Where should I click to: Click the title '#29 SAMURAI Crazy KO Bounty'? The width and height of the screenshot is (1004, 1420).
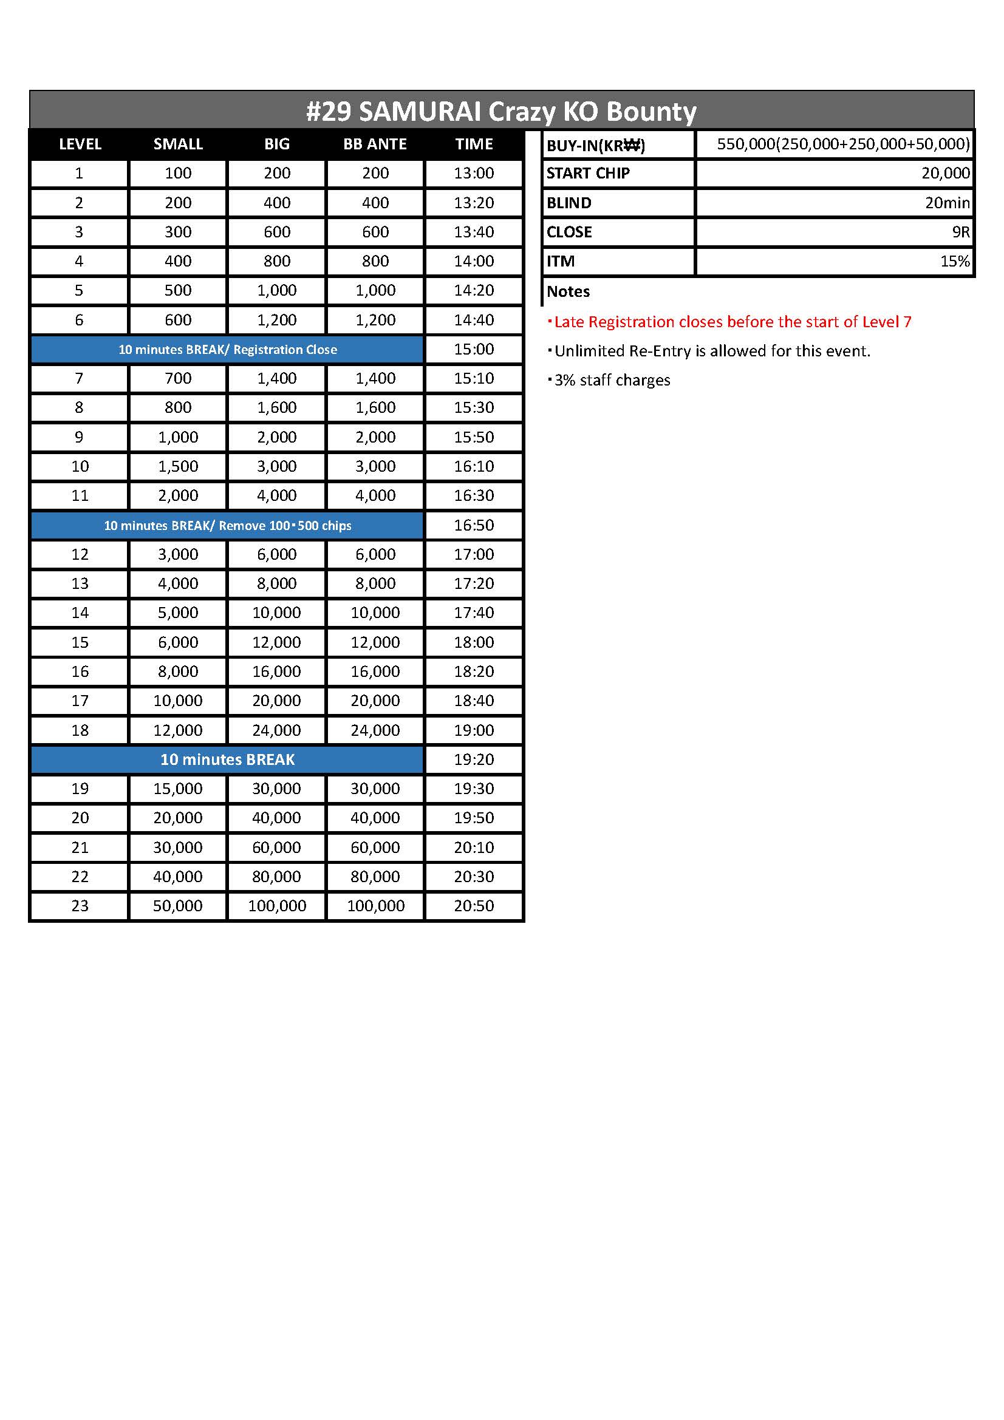(x=501, y=111)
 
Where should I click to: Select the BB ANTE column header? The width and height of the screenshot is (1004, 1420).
(x=375, y=144)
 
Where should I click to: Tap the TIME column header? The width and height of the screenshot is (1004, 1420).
(x=474, y=144)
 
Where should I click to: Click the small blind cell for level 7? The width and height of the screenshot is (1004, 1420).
(x=177, y=378)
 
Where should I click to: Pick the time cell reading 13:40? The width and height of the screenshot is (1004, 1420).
(x=474, y=232)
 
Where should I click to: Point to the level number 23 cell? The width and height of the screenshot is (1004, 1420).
(x=80, y=906)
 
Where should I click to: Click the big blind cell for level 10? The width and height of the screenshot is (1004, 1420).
(x=276, y=466)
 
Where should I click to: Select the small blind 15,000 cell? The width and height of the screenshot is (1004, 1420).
(x=177, y=789)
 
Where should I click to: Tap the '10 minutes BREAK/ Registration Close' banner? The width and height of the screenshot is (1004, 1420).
(x=228, y=350)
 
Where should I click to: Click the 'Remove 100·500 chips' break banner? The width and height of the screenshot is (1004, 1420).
(x=228, y=526)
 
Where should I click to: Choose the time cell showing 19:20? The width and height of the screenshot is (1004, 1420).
(x=474, y=759)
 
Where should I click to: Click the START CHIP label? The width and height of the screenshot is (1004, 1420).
(x=588, y=173)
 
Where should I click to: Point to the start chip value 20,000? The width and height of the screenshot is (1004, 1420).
(x=945, y=173)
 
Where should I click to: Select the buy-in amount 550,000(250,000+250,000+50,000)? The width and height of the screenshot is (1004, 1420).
(x=843, y=144)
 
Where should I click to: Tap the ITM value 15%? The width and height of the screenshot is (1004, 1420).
(x=955, y=261)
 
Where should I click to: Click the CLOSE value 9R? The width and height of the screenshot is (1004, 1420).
(x=960, y=232)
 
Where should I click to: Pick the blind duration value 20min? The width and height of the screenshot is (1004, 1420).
(x=947, y=203)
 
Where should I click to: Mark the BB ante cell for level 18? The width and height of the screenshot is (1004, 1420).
(x=375, y=730)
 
